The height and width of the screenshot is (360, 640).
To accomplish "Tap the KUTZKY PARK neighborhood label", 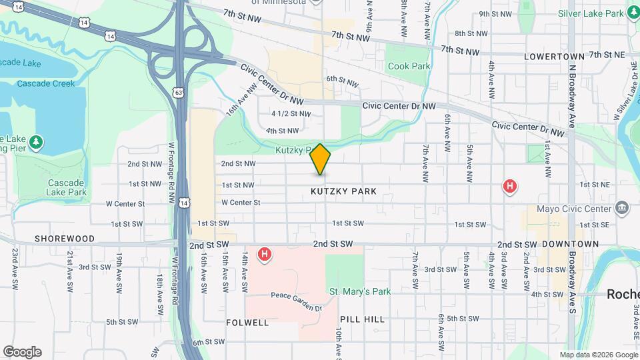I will click(x=343, y=191).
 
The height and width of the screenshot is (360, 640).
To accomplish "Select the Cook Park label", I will click(x=409, y=66).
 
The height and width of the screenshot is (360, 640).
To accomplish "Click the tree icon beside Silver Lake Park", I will click(x=633, y=13).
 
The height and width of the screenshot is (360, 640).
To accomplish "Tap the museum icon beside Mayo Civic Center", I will click(x=623, y=207).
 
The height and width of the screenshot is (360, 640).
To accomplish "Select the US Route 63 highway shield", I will click(x=178, y=93).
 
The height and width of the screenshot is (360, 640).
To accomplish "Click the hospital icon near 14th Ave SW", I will click(x=265, y=254).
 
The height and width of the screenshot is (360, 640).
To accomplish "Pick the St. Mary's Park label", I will click(x=360, y=291).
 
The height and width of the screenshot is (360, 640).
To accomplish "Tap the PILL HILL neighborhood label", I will click(x=362, y=319).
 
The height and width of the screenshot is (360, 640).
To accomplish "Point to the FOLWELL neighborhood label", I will click(x=247, y=323).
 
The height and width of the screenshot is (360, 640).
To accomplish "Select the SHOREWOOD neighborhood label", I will click(x=65, y=238).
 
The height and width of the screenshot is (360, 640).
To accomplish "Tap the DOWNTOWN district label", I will click(x=570, y=245).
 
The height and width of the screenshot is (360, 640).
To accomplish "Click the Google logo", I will click(x=22, y=352).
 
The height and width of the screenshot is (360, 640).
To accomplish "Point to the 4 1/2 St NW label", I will click(x=291, y=114).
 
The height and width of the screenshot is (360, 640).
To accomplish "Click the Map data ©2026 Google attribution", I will click(x=598, y=355).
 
